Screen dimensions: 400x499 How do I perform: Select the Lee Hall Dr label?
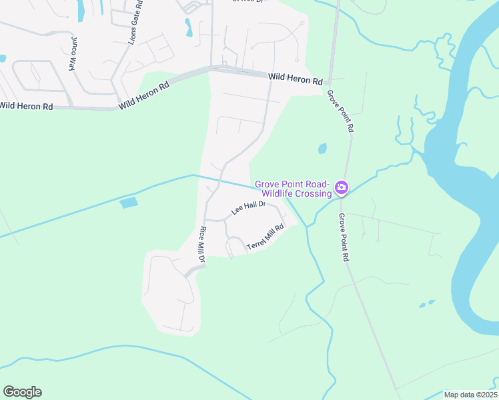(248, 208)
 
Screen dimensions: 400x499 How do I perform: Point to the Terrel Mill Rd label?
(266, 238)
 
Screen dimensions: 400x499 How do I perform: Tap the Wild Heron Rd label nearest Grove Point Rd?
(296, 79)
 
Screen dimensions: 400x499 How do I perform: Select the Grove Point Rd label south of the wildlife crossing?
(344, 237)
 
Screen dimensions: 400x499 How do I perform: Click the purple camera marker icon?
(342, 188)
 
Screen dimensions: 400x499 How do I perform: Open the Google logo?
(22, 392)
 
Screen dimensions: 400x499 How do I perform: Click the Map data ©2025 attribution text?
(470, 395)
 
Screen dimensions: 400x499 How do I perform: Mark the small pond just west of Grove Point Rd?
(323, 148)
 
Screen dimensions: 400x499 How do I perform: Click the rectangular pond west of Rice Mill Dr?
(129, 203)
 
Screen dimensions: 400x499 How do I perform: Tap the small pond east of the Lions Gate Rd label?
(188, 27)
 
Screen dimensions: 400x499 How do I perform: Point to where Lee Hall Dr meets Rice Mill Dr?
(205, 219)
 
